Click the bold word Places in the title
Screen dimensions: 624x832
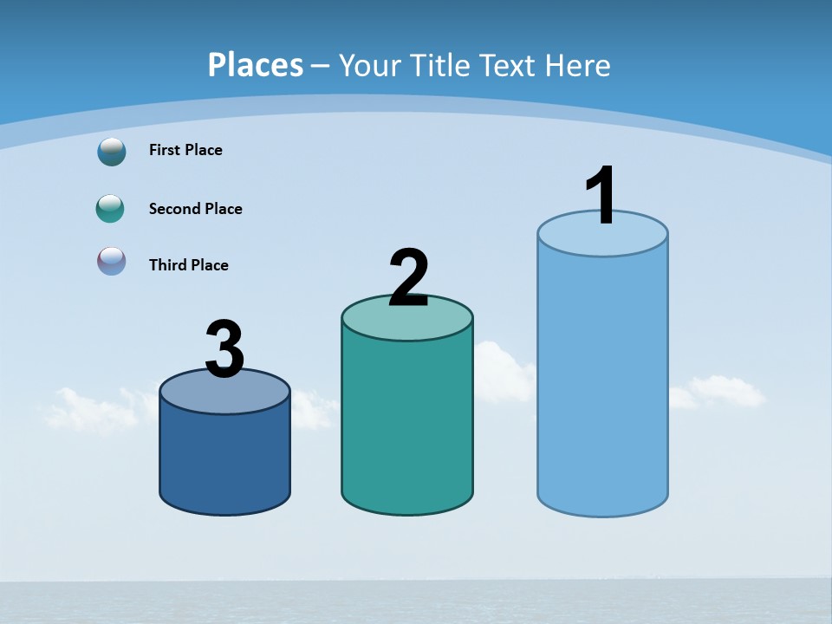(256, 65)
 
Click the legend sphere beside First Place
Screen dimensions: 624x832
(111, 151)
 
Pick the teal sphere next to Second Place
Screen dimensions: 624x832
(110, 209)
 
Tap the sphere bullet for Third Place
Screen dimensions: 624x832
(111, 261)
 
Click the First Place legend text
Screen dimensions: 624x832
(185, 150)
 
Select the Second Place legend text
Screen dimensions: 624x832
(195, 209)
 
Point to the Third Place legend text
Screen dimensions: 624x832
(188, 265)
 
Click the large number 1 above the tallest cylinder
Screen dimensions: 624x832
(601, 195)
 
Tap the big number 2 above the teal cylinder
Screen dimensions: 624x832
(408, 277)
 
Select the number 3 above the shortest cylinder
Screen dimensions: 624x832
(224, 349)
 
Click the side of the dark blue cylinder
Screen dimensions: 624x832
(224, 459)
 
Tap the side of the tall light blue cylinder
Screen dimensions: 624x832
(602, 381)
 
